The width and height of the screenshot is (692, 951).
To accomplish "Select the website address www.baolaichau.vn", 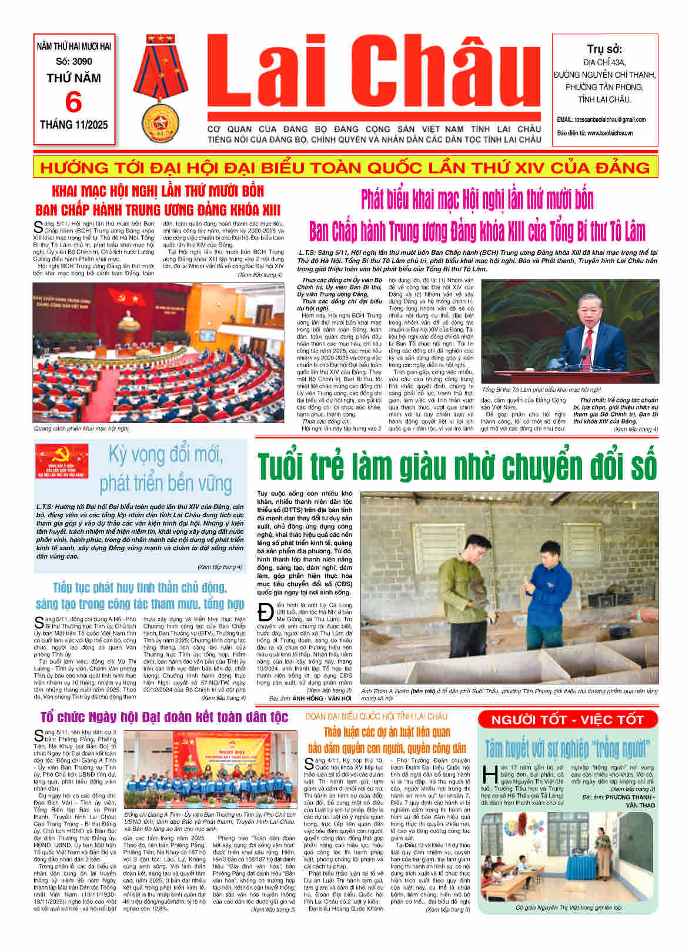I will tap(609, 134).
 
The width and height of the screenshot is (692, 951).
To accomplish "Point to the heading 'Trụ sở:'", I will tap(604, 49).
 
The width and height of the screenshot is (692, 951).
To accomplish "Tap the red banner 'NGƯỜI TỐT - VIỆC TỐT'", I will tap(567, 720).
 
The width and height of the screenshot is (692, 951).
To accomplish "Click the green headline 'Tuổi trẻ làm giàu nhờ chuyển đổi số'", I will tap(457, 465).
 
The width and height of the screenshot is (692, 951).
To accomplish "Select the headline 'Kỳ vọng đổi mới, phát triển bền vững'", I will tap(165, 469).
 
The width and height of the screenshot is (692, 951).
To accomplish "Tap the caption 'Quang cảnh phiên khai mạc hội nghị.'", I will tap(82, 428).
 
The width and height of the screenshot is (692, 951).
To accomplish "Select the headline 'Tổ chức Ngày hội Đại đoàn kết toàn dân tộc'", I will tap(165, 717).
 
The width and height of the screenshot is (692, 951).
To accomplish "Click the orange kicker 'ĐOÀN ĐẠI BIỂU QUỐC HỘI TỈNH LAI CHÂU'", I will tap(376, 716).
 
